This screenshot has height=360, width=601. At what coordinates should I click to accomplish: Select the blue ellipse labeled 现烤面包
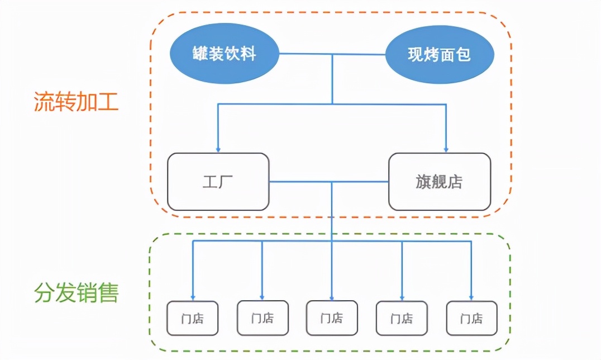coord(440,55)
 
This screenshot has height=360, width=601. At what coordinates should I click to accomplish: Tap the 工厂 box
coord(218,182)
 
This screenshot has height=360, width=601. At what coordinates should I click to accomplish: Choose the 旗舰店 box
coord(440,182)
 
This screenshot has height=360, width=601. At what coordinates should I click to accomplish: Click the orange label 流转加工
coord(76,102)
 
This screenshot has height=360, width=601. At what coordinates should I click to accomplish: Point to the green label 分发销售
coord(76,292)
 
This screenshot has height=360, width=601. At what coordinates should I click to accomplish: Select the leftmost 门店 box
coord(193,318)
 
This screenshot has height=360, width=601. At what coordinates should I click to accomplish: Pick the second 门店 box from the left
coord(263,318)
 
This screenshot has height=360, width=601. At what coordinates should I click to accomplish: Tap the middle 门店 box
coord(332,318)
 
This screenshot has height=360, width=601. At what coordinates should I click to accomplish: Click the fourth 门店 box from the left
coord(402,318)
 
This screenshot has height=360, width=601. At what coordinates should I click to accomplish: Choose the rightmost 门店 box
coord(471,318)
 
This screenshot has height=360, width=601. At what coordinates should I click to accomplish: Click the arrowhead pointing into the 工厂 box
coord(218,150)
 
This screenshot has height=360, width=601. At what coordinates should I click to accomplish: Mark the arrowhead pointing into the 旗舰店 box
coord(446,150)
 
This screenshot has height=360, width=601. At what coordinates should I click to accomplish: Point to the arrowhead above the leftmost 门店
coord(193,297)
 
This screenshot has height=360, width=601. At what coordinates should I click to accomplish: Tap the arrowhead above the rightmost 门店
coord(471,297)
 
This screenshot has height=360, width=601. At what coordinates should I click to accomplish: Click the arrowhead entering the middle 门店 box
coord(332,297)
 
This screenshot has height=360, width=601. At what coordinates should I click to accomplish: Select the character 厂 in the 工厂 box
coord(226,182)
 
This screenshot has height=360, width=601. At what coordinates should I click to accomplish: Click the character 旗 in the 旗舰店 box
coord(423,182)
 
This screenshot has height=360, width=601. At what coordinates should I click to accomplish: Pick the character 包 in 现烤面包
coord(464,55)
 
